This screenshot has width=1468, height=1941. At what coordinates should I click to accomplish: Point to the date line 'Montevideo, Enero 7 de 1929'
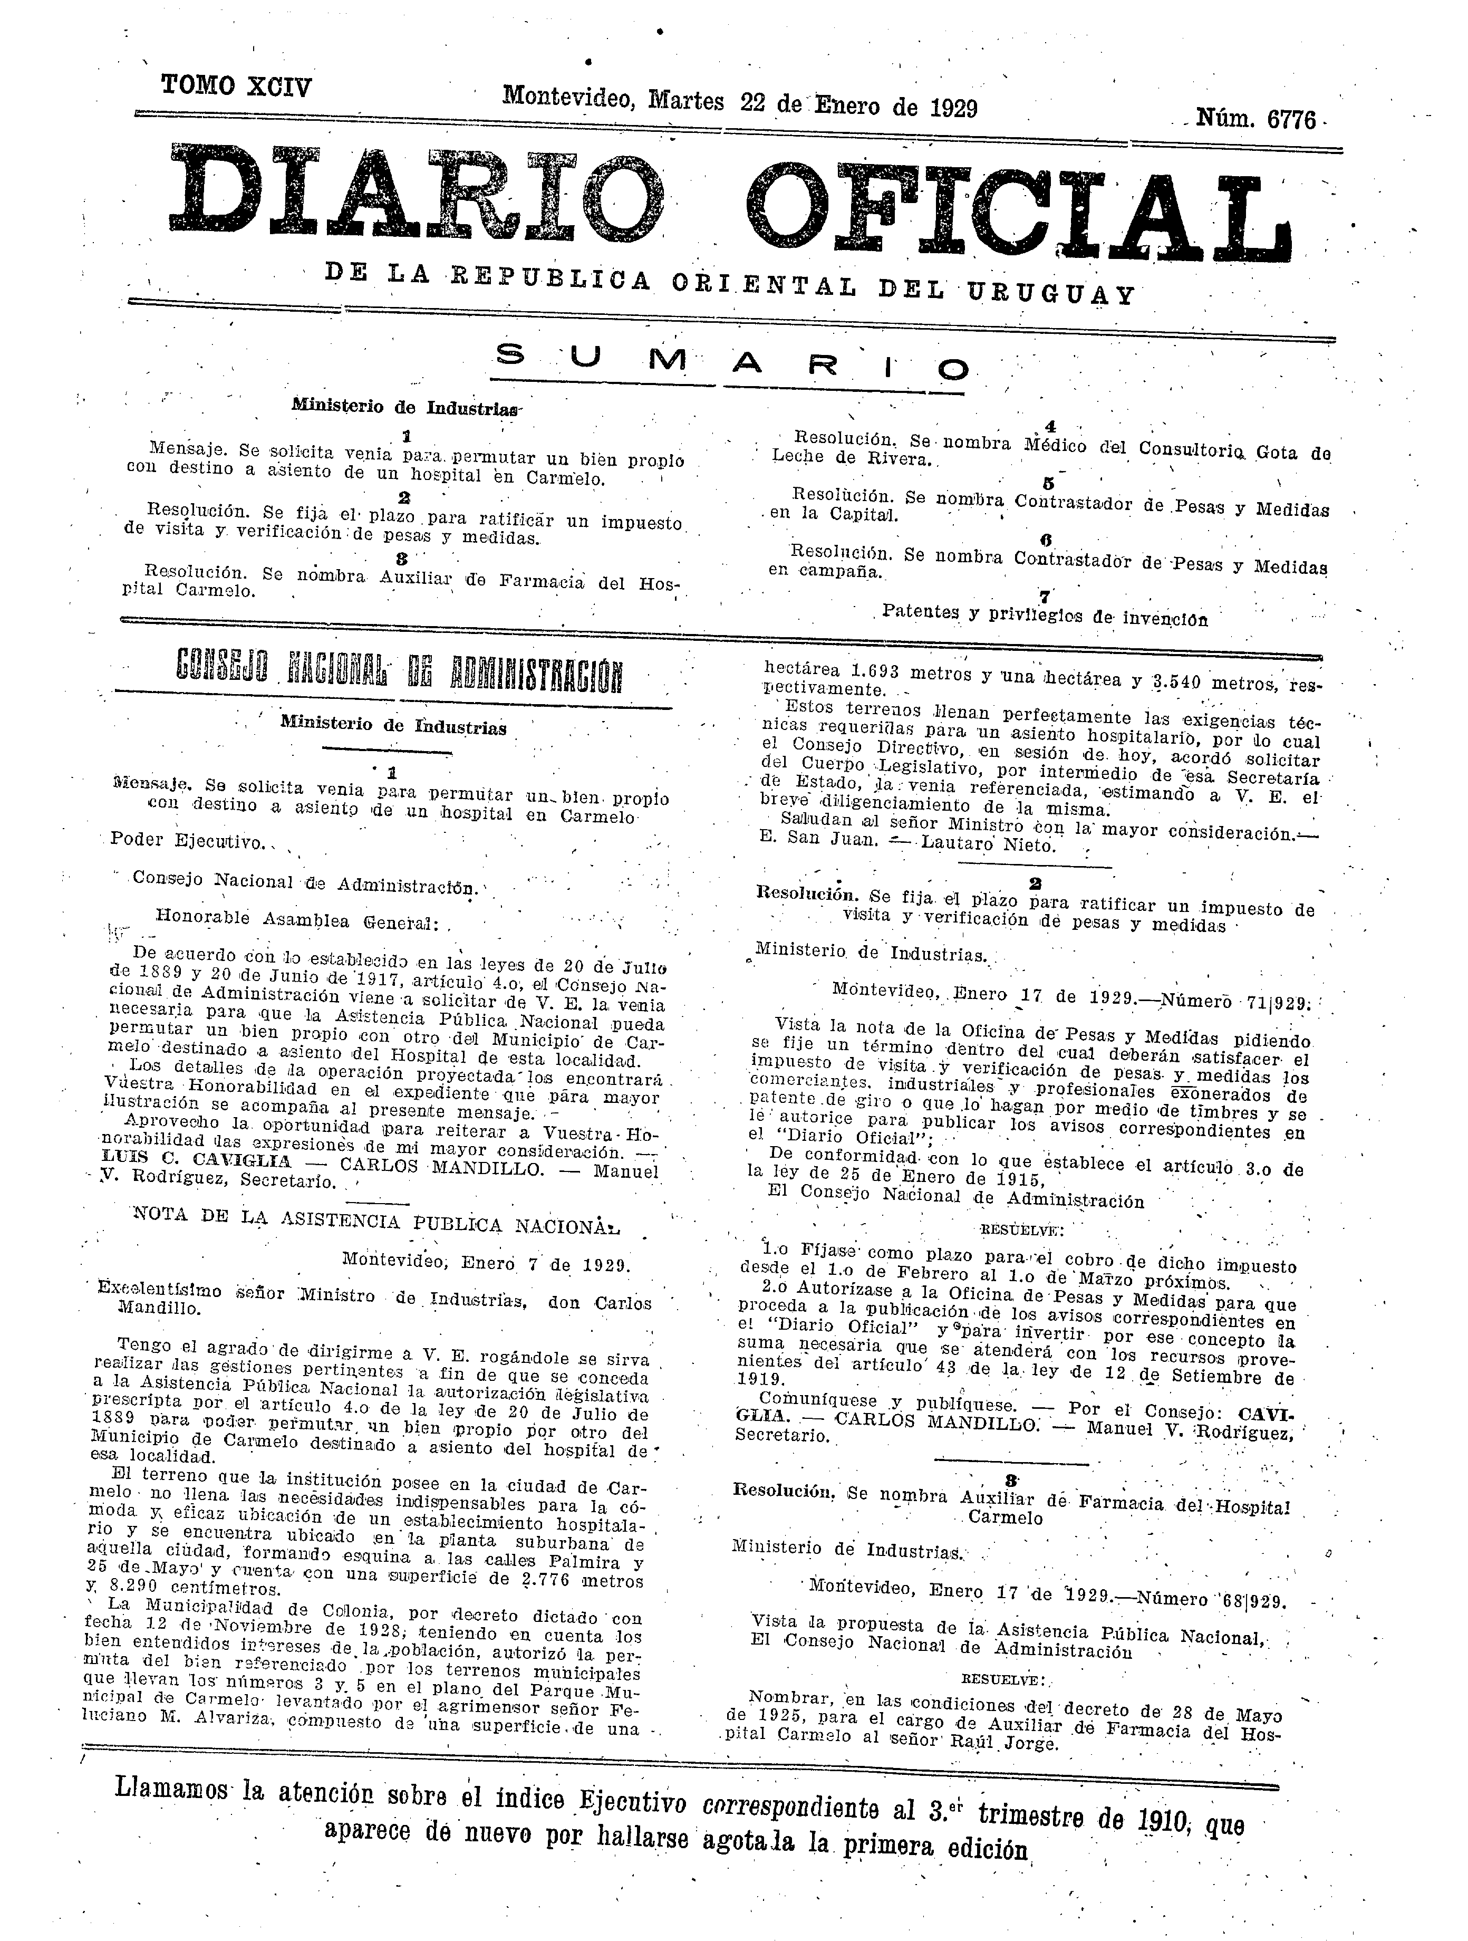coord(485,1264)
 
